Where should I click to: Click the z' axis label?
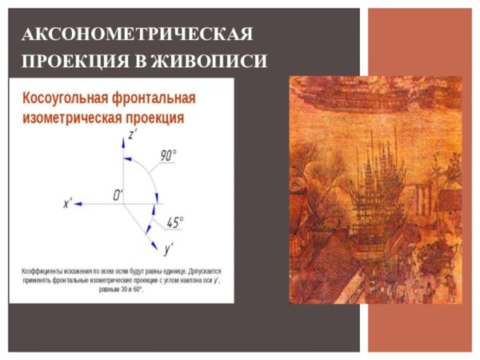(x=133, y=135)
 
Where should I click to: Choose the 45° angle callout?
(x=174, y=222)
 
